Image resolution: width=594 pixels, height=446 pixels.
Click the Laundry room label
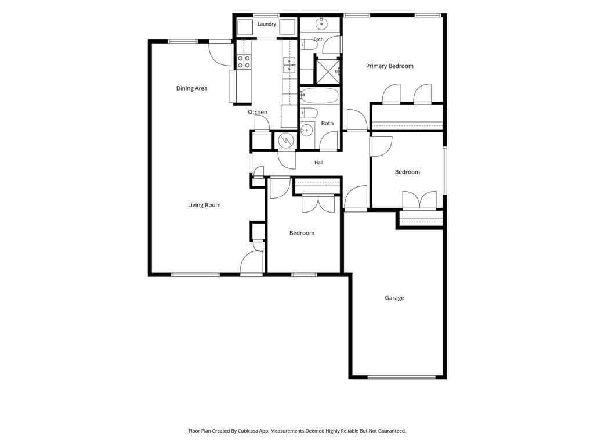[267, 24]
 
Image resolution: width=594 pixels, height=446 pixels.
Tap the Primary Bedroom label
[389, 66]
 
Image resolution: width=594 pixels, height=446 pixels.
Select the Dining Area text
[191, 88]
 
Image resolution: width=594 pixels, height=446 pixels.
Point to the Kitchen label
[257, 112]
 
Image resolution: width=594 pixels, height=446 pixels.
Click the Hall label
[318, 163]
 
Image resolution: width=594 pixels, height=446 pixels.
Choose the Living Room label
[204, 205]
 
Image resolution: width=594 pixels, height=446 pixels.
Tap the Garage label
[394, 298]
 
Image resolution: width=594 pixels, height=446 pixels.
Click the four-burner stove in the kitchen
[244, 62]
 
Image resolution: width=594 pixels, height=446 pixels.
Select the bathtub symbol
[320, 96]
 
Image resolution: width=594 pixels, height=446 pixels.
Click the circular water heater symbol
[285, 141]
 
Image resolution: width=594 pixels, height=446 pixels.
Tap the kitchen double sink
[289, 65]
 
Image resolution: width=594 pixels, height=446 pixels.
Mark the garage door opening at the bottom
[401, 377]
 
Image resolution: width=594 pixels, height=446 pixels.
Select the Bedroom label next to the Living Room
[302, 233]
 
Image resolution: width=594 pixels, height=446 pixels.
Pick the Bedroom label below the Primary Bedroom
[407, 172]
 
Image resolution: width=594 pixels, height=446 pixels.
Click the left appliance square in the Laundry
[245, 27]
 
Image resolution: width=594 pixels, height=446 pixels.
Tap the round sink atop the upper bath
[321, 23]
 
